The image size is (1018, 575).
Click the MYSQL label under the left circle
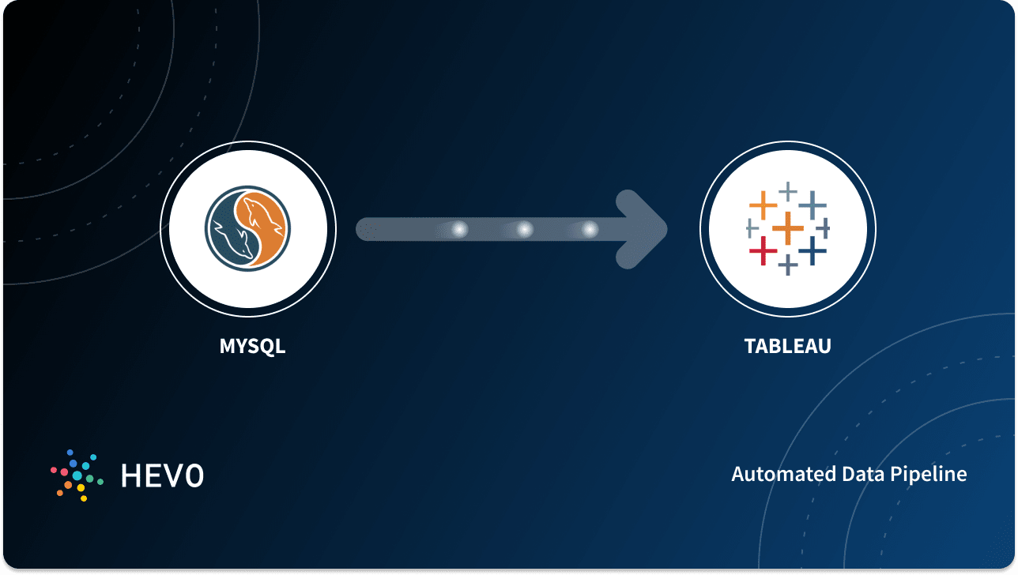tap(252, 346)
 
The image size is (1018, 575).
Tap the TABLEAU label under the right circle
tap(787, 346)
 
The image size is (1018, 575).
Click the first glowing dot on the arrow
tap(458, 230)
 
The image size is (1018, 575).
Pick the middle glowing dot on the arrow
tap(524, 230)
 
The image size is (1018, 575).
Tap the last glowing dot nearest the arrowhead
tap(589, 230)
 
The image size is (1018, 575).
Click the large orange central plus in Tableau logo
tap(787, 229)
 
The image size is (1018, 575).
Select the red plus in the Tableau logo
tap(763, 251)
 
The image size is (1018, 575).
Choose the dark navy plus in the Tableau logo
tap(812, 251)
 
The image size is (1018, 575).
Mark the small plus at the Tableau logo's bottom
tap(787, 265)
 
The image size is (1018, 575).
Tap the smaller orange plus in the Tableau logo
tap(763, 205)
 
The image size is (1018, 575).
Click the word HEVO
tap(162, 475)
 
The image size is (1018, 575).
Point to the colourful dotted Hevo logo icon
tap(77, 475)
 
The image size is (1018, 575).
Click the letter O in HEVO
tap(193, 475)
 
